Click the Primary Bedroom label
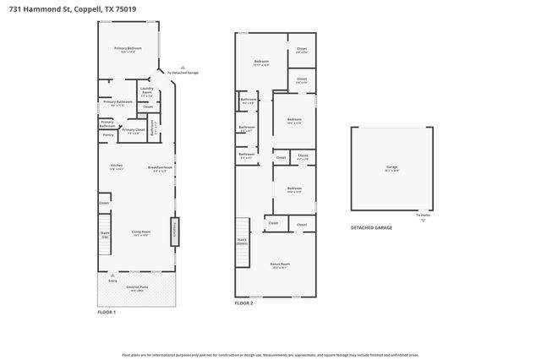[128, 49]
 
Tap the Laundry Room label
[146, 91]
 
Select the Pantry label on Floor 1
[108, 134]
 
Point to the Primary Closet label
[134, 130]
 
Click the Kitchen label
[117, 166]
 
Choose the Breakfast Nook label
[160, 167]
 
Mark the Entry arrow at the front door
[112, 275]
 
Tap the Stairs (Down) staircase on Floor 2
[242, 239]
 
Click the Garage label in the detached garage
[391, 167]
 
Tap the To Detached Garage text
[183, 73]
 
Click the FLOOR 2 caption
[243, 303]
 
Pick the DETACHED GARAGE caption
[371, 228]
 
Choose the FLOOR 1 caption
[107, 313]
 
